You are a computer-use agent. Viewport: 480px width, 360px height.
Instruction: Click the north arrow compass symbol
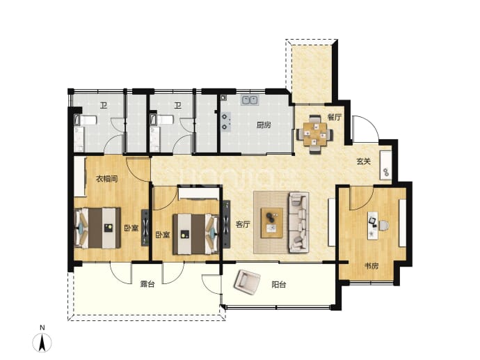(42, 342)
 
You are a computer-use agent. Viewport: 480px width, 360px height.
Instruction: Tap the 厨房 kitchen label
(263, 125)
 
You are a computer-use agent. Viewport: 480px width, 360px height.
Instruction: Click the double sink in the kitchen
(250, 100)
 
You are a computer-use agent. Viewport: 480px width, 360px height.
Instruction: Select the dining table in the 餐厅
(315, 134)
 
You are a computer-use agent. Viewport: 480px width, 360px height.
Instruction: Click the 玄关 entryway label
(363, 161)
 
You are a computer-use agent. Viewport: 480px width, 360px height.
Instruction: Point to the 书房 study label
(371, 266)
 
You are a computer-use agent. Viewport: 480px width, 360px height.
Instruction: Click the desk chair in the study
(384, 225)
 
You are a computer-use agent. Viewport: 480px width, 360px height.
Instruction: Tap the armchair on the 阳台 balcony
(247, 282)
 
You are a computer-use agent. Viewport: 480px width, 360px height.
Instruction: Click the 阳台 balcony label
(278, 285)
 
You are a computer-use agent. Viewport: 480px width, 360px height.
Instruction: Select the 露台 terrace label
(147, 284)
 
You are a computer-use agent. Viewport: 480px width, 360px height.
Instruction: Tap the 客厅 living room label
(243, 225)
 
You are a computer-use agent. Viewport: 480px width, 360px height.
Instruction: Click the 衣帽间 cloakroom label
(107, 179)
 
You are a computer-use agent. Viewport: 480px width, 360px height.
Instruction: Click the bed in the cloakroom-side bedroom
(97, 228)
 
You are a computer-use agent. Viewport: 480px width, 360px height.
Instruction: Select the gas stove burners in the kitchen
(225, 121)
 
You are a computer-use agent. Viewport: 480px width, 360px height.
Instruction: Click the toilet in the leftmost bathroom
(86, 120)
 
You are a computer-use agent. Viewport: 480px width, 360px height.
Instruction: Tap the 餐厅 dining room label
(334, 117)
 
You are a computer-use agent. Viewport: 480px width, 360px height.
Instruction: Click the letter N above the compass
(42, 327)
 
